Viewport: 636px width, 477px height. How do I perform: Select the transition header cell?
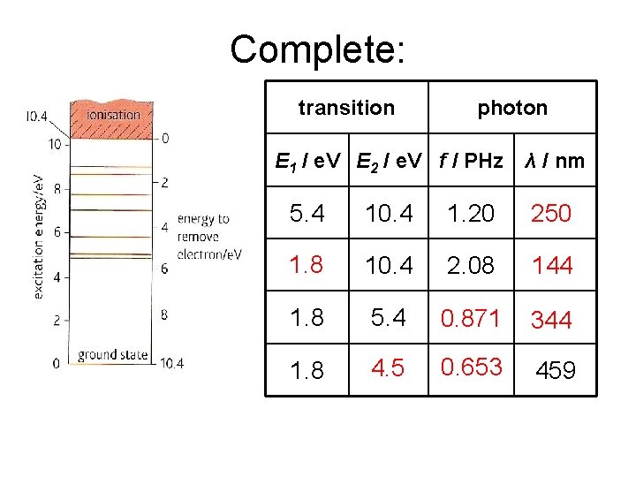coord(346,108)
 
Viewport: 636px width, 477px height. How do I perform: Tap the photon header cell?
coord(512,108)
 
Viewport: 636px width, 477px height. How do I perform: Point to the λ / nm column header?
coord(554,161)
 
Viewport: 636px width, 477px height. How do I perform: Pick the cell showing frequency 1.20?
coord(471,213)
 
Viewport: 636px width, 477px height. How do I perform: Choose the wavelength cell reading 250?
coord(551,213)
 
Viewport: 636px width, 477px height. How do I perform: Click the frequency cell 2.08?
coord(471,264)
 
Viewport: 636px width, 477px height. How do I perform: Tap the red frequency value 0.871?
coord(471,317)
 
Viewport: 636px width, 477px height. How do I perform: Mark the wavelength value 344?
coord(552,320)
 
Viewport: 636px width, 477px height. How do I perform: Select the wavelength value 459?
coord(556,370)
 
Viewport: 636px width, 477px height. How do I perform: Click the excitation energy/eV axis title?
coord(39,236)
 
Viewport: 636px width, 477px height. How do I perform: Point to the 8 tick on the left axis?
coord(57,188)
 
